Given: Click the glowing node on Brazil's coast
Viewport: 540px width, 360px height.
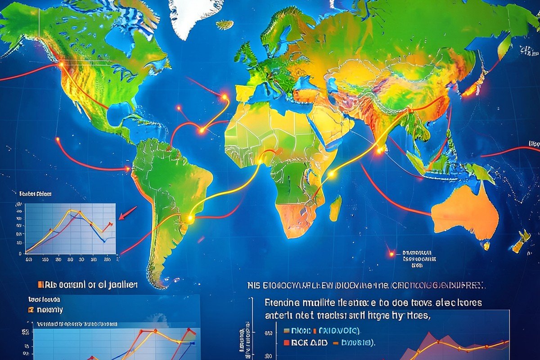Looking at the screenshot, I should [190, 218].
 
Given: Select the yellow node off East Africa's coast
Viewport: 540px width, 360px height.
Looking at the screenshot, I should [331, 174].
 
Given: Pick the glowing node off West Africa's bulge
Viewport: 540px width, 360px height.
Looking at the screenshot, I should [202, 130].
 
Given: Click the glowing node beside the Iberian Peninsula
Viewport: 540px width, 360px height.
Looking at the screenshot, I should [224, 96].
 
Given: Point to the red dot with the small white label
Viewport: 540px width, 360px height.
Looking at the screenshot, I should [391, 254].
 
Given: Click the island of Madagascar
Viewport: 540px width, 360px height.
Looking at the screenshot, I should [335, 208].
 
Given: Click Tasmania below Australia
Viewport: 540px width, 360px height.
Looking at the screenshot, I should [486, 246].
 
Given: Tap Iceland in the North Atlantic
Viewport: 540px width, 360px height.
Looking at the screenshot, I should [225, 25].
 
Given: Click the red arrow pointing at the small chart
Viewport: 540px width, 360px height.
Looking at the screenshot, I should [128, 212].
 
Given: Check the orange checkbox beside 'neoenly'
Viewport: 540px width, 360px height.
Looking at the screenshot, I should [31, 310].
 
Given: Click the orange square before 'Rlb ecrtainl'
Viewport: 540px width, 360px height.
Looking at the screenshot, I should [40, 285].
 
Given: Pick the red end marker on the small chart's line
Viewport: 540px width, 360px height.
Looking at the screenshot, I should [110, 224].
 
